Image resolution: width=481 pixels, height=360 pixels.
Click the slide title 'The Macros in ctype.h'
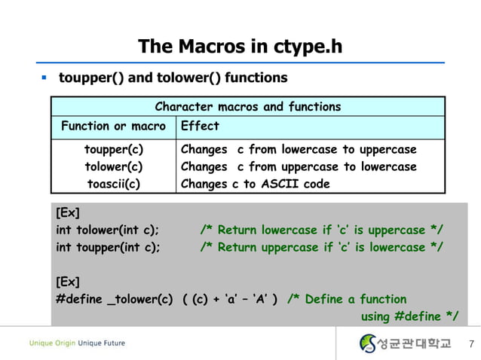click(x=240, y=47)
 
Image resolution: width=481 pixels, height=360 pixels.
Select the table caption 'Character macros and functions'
click(x=247, y=107)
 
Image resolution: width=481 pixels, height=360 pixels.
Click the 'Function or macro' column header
click(x=113, y=126)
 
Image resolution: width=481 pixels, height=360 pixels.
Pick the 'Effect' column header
click(x=200, y=126)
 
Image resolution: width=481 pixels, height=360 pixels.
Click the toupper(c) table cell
click(x=114, y=149)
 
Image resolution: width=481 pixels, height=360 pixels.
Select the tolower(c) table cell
click(x=114, y=166)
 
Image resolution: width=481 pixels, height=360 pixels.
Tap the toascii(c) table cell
click(x=114, y=184)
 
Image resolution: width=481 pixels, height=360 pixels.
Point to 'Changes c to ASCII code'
click(x=255, y=184)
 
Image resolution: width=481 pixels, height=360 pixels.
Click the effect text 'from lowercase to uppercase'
click(x=332, y=149)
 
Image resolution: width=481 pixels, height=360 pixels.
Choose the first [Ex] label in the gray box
click(x=68, y=212)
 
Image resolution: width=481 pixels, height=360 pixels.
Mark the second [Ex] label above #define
click(x=68, y=282)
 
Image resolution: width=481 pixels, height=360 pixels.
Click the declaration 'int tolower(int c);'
click(x=108, y=230)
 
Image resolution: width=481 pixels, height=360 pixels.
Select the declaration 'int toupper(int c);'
click(x=108, y=247)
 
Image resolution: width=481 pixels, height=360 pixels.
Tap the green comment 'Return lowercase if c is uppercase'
click(x=321, y=230)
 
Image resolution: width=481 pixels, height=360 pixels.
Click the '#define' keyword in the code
click(x=79, y=299)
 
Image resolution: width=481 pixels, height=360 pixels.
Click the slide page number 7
click(x=470, y=345)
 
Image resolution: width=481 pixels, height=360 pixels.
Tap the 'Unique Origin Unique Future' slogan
click(x=77, y=343)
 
